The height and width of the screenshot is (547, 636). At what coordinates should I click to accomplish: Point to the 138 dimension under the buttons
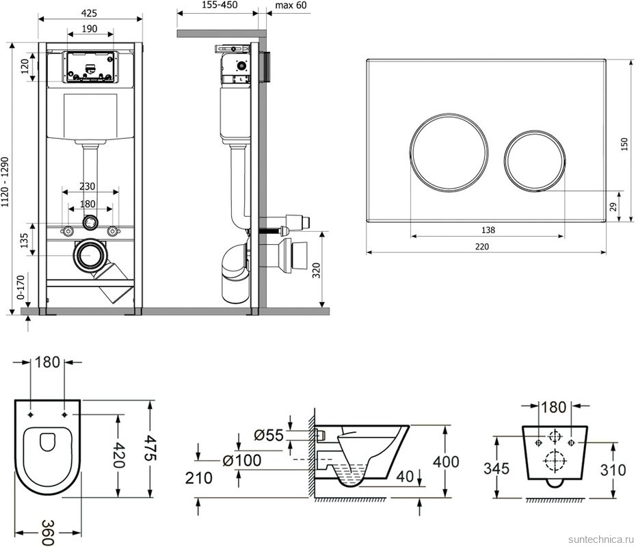point(488,230)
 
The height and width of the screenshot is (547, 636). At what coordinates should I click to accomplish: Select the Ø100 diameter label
point(242,460)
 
